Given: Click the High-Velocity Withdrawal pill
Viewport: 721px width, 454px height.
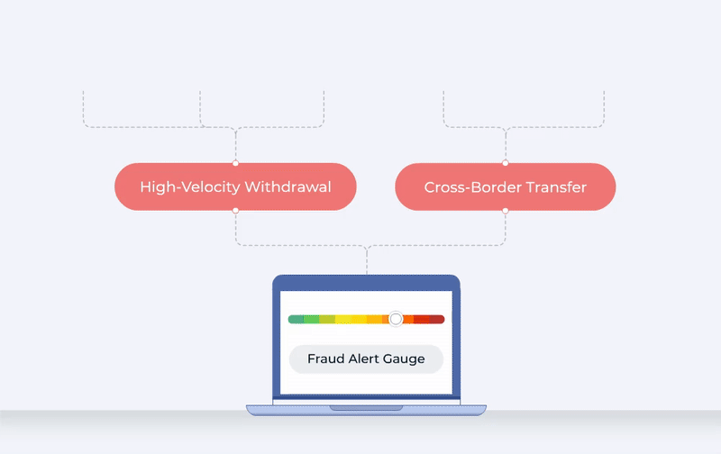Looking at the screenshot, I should [x=235, y=187].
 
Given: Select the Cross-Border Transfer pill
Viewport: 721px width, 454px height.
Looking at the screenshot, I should [x=505, y=187].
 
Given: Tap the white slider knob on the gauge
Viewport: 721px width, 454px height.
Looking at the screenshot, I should [x=396, y=319].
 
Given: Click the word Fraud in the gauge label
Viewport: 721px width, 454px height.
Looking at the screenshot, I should [x=324, y=359].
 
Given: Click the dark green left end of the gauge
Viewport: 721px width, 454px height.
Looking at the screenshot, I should [x=295, y=319].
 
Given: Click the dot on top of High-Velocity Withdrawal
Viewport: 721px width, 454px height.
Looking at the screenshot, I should [x=235, y=163].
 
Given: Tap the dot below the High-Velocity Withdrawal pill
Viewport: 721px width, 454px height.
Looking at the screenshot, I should [x=235, y=211].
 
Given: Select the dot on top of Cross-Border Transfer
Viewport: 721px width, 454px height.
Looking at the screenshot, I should [x=505, y=163].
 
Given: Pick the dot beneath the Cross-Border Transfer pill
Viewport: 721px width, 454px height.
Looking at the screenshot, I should [x=505, y=211].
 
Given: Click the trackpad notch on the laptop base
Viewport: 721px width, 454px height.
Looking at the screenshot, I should [x=366, y=408].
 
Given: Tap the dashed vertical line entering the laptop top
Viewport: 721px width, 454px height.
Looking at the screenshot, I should [x=367, y=261].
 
